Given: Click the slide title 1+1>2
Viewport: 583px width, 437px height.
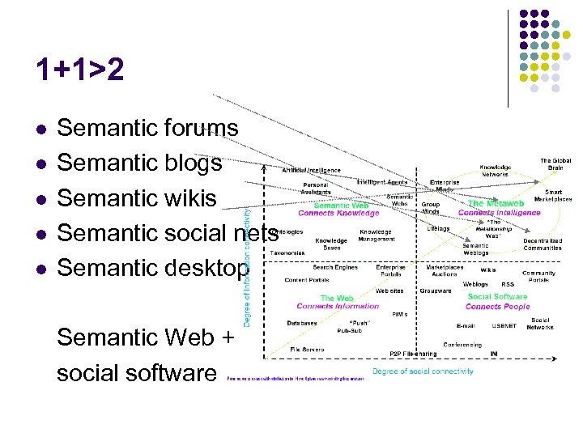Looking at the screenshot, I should (x=80, y=71).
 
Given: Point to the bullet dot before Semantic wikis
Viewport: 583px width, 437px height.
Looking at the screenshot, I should (x=40, y=198).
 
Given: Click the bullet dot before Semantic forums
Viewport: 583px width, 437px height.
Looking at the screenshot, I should (x=40, y=129).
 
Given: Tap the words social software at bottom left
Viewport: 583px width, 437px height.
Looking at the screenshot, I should (x=137, y=372).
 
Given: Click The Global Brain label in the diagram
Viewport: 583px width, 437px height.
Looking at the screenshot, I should (x=555, y=164).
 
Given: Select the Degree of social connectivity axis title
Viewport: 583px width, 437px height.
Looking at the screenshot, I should (x=423, y=371).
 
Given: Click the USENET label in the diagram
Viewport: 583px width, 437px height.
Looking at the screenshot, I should (x=503, y=325).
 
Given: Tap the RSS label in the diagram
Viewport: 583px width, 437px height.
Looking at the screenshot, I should (x=508, y=284).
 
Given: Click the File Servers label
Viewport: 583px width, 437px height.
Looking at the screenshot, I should (x=308, y=350).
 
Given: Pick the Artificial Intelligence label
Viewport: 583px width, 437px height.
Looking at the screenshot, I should (x=312, y=170).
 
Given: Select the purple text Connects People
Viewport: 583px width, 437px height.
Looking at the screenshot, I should (x=498, y=307).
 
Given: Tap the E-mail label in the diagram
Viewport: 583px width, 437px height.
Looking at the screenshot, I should (x=465, y=325).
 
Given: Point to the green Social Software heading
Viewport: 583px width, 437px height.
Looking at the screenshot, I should (x=497, y=297).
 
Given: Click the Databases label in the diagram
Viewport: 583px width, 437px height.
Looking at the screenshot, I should (x=302, y=323).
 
